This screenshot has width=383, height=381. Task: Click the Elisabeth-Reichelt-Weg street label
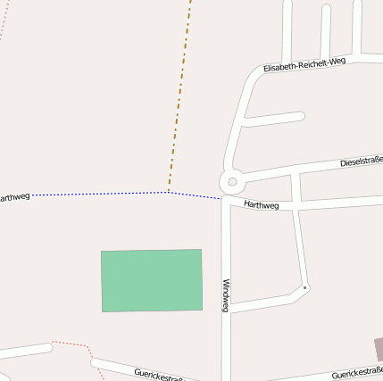[x=304, y=65]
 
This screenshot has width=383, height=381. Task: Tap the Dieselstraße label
[x=361, y=162]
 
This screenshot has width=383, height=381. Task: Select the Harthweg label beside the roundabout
[x=262, y=205]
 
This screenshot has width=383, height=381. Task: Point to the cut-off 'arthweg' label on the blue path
[x=14, y=197]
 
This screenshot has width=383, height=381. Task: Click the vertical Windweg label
[x=227, y=295]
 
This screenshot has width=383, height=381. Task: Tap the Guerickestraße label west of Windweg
[x=159, y=374]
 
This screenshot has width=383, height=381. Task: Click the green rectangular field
[x=152, y=280]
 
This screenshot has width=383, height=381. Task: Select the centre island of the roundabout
[x=232, y=182]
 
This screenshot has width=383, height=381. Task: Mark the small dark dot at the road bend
[x=305, y=287]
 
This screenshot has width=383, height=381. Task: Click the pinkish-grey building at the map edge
[x=378, y=349]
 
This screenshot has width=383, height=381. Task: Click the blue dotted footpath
[x=98, y=194]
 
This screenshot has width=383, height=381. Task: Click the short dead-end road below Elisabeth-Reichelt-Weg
[x=272, y=118]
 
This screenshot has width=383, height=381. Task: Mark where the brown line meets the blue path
[x=169, y=192]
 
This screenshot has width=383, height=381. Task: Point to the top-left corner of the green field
[x=102, y=252]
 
